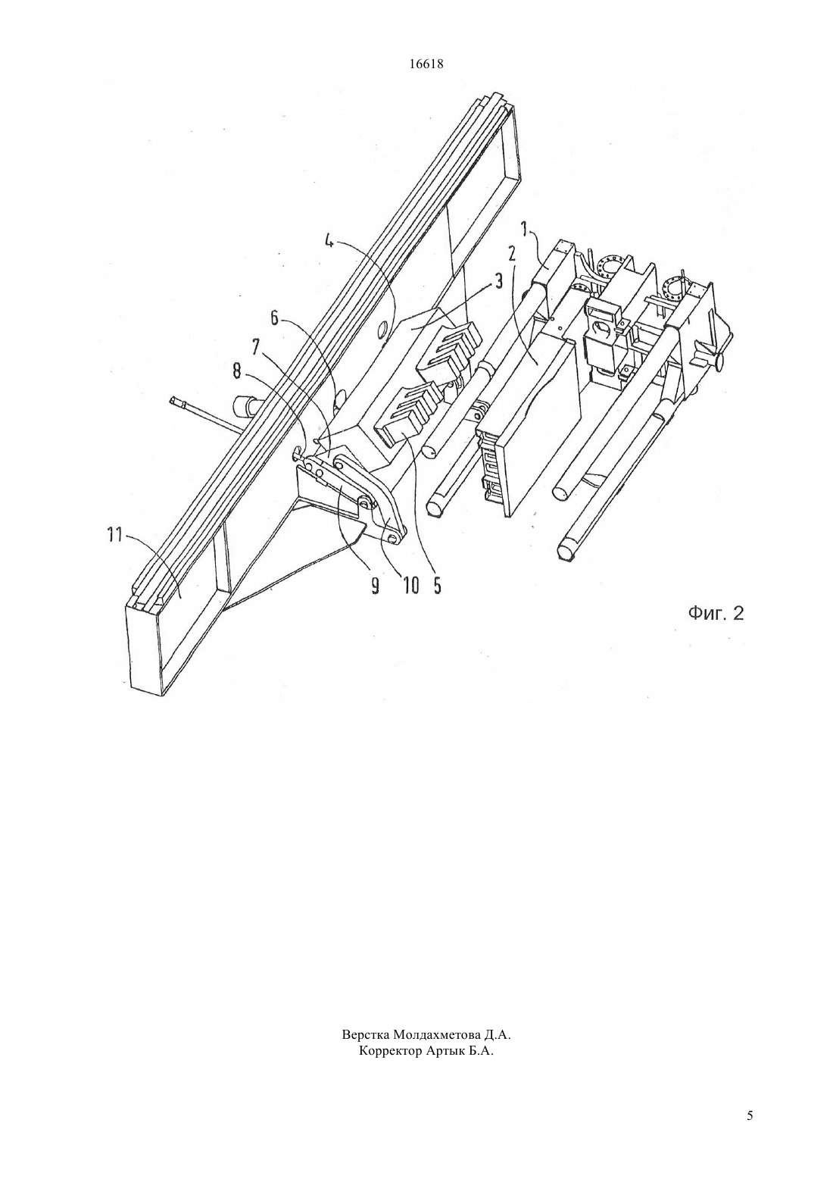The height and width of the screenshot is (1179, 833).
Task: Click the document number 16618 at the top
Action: tap(426, 64)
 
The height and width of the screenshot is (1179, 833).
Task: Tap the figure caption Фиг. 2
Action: tap(716, 613)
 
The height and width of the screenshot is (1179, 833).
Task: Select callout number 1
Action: tap(524, 230)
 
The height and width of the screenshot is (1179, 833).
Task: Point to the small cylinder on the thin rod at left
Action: tap(244, 406)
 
